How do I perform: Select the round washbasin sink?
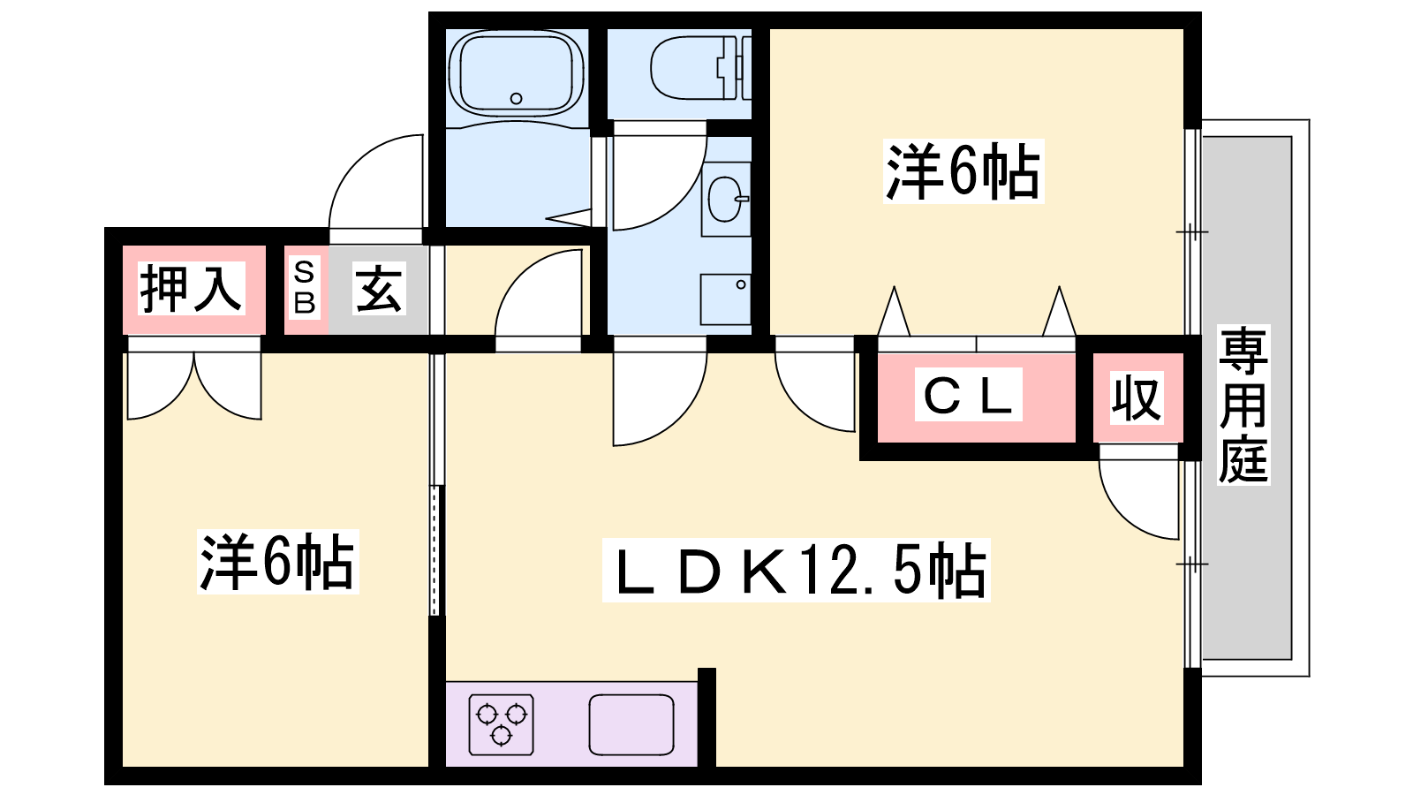pos(725,200)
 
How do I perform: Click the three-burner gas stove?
pos(501,724)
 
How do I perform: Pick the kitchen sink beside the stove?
pos(631,724)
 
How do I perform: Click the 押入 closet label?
pos(191,289)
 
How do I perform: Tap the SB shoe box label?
pos(305,288)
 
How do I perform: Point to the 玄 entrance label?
pos(379,289)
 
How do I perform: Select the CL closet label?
pos(968,396)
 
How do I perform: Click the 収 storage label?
pos(1136,398)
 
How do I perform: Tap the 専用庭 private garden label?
pos(1243,405)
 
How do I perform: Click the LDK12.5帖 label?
pos(797,571)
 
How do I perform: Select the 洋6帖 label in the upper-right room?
pos(963,171)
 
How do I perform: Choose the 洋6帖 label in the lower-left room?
pos(276,562)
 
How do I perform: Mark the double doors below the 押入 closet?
pos(194,384)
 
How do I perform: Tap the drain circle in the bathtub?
pos(517,99)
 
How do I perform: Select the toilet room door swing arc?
pos(658,181)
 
